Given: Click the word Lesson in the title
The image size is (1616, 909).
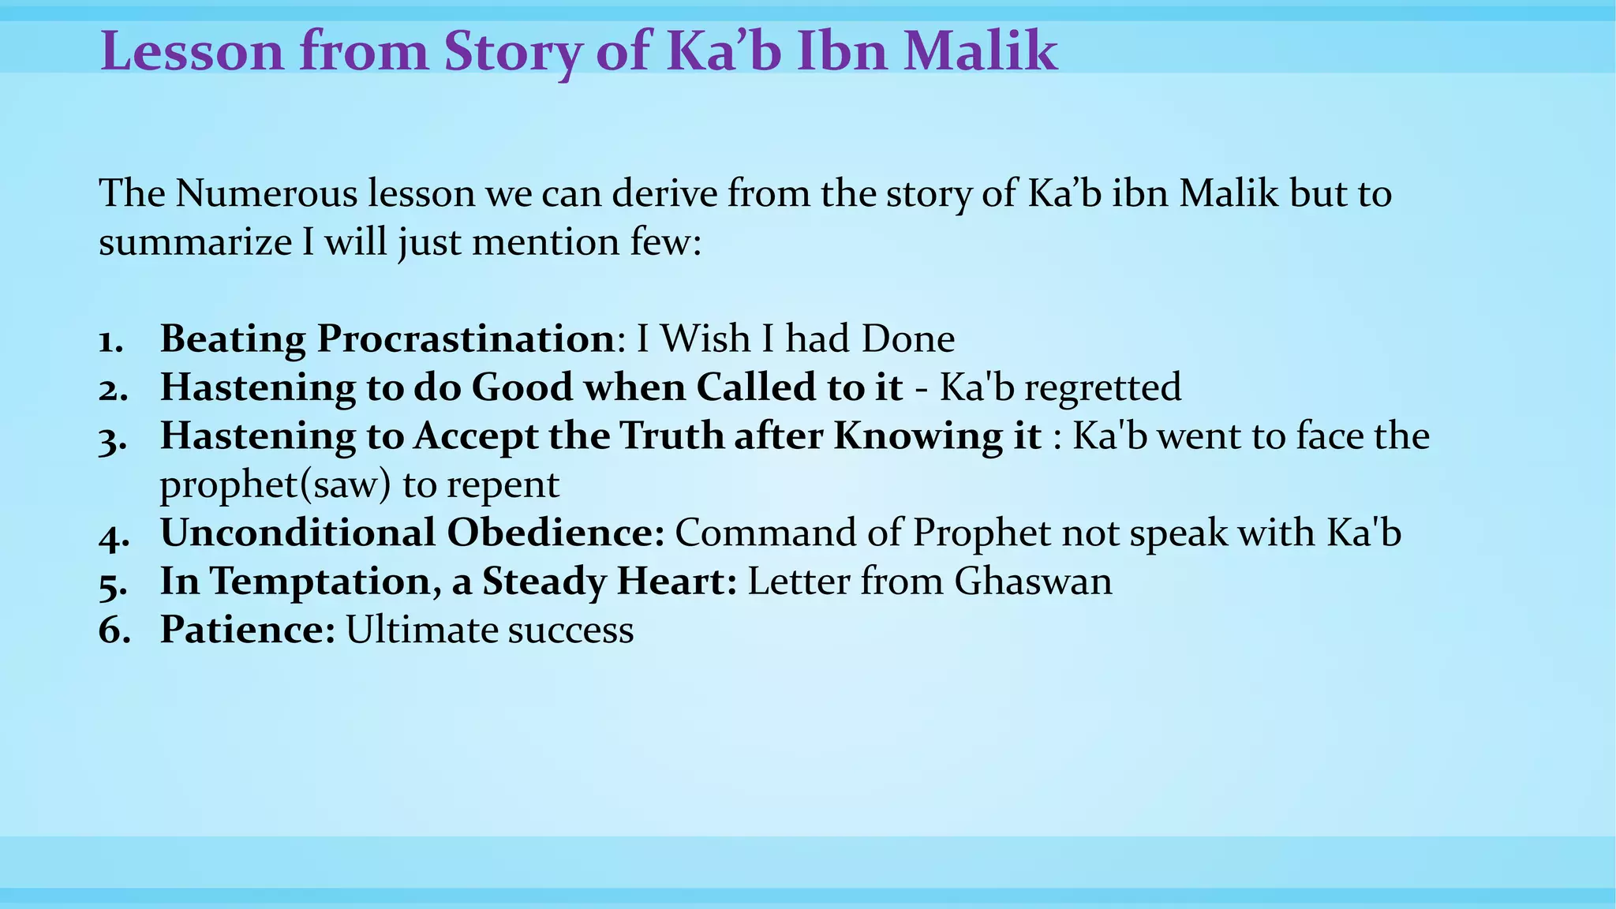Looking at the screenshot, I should coord(192,52).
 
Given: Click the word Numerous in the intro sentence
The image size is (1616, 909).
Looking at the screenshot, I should coord(266,194).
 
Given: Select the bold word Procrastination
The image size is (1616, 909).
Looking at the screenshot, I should coord(466,339).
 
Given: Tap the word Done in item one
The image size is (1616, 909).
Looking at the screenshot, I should coord(907,339).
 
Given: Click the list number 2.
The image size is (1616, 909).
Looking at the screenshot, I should coord(111,389).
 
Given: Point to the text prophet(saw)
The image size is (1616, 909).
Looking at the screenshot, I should coord(275,485).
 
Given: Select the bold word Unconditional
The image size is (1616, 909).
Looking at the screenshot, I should coord(297,533).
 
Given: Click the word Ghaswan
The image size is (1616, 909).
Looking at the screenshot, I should coord(1033,582).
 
